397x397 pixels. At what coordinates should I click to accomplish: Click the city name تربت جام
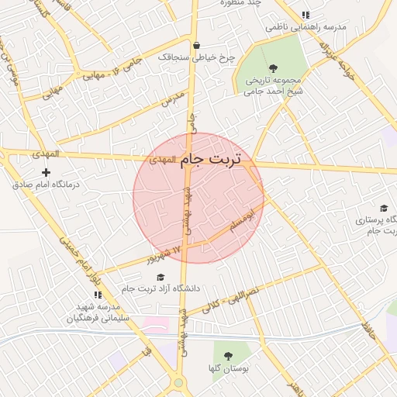tap(211, 160)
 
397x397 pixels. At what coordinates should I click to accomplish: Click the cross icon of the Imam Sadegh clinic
tap(47, 172)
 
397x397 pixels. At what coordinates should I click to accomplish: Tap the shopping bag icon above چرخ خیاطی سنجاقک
tap(196, 44)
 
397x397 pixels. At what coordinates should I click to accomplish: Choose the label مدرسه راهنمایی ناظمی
tap(306, 27)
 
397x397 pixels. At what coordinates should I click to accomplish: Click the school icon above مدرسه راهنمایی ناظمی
tap(306, 15)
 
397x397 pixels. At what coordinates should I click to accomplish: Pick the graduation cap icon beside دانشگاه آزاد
tap(161, 277)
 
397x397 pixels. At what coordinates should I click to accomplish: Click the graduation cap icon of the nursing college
tap(383, 208)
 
